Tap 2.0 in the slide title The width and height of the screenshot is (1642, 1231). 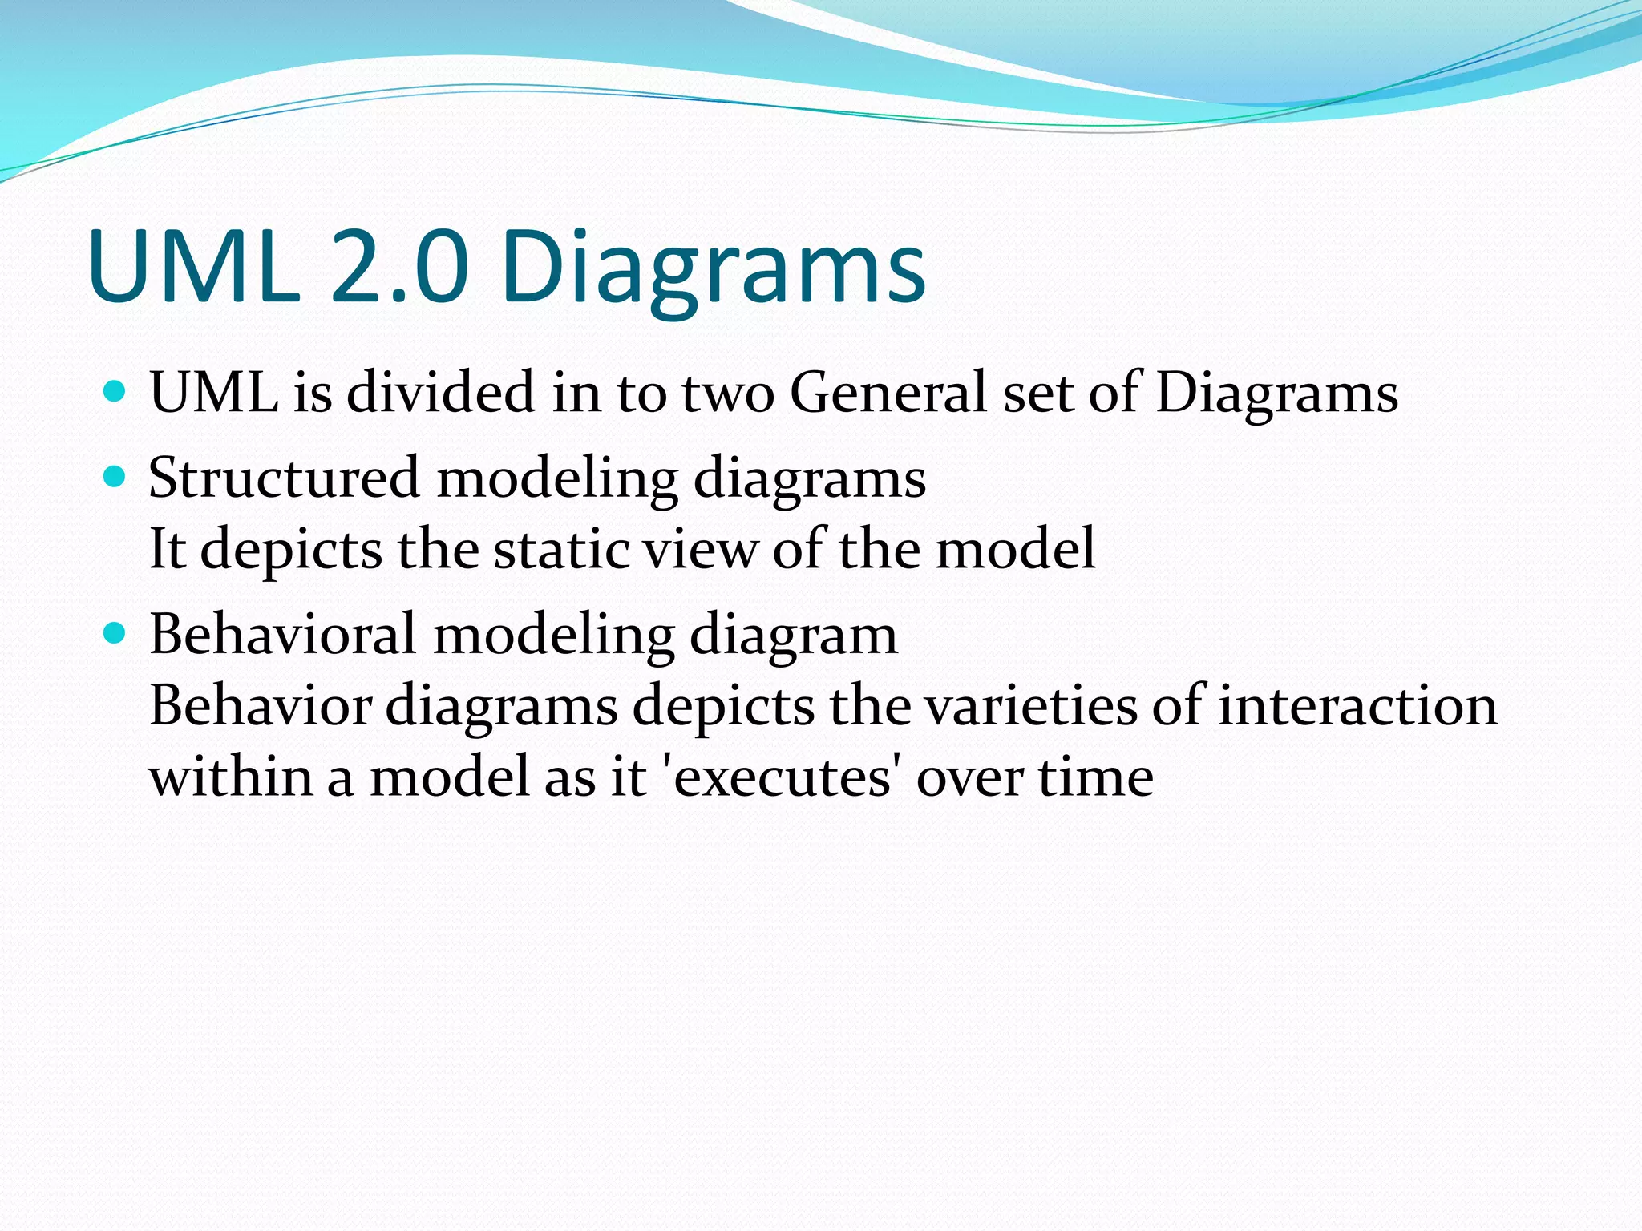tap(398, 266)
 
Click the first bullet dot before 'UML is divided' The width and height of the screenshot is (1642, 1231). tap(115, 392)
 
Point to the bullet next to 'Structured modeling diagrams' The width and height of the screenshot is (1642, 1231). tap(115, 478)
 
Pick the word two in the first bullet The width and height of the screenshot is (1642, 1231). tap(727, 394)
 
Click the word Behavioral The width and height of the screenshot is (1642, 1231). tap(282, 635)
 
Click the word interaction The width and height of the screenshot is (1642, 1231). tap(1357, 706)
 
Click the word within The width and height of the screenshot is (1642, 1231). tap(230, 777)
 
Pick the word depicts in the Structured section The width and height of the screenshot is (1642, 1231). tap(290, 551)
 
